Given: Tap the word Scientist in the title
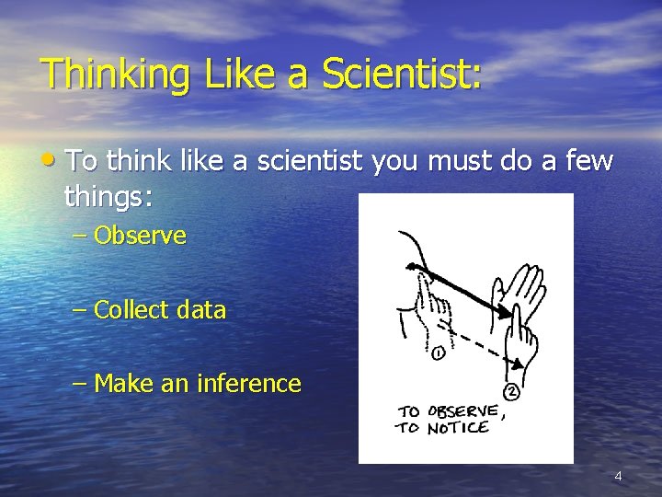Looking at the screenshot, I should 402,73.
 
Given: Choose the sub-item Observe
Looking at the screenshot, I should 140,236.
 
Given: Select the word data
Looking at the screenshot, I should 201,310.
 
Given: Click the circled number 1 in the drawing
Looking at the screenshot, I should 438,353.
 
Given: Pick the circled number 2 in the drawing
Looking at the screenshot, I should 512,392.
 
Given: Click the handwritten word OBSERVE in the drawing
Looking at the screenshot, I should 463,410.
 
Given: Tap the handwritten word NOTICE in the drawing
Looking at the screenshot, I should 458,429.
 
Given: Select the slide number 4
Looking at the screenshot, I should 618,476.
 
